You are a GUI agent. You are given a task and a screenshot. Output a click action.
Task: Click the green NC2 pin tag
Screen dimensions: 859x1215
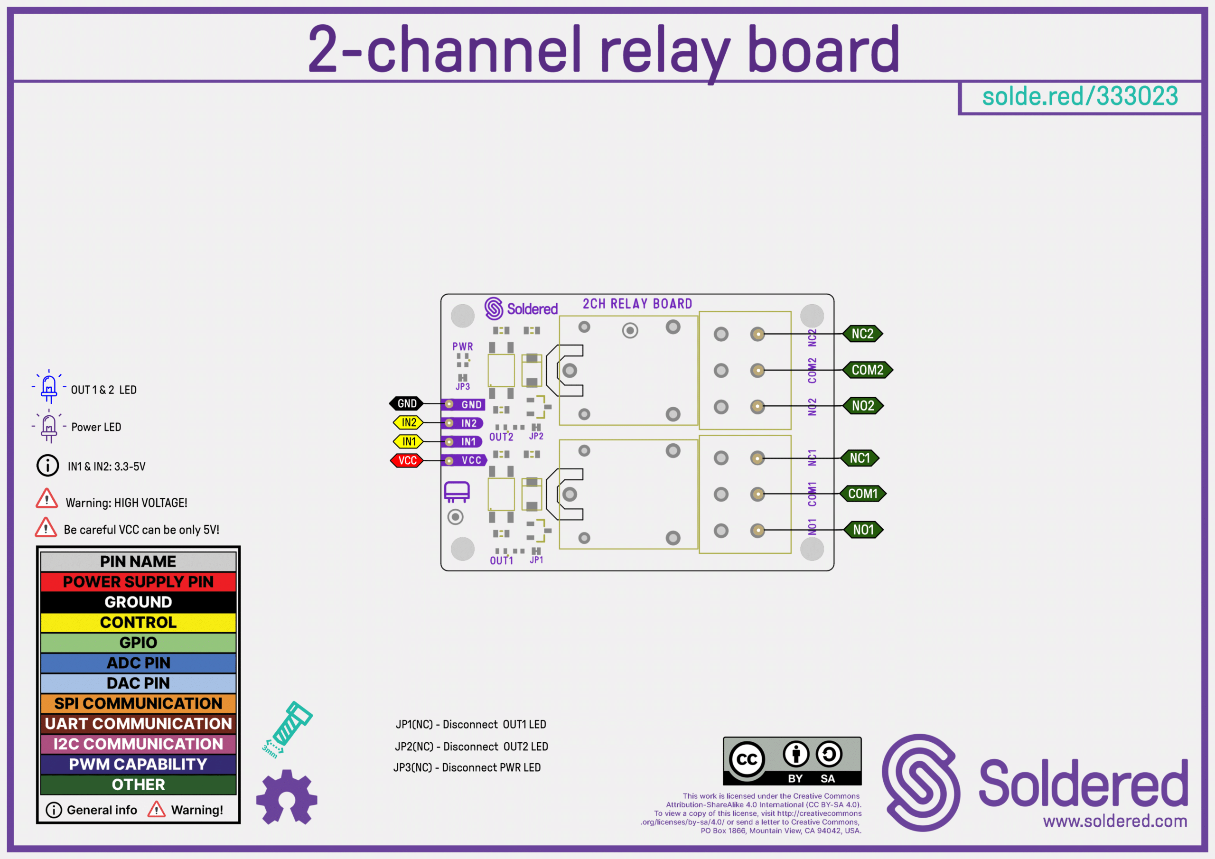862,334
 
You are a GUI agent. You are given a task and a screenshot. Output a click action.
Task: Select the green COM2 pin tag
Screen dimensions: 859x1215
867,370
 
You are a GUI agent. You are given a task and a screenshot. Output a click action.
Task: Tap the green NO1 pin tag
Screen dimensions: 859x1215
862,530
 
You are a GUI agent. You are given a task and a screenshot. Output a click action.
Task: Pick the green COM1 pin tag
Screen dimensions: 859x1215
862,494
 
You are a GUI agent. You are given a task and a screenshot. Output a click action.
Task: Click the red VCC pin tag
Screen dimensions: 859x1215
407,460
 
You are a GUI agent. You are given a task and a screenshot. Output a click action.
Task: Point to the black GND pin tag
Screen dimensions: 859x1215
406,404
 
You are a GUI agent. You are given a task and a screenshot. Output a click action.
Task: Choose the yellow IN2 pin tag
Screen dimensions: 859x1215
409,422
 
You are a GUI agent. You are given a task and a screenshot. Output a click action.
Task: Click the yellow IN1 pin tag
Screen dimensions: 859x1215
409,441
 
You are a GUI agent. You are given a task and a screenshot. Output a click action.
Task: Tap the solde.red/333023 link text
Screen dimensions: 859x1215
1080,96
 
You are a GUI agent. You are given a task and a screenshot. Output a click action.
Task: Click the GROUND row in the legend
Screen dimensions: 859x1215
138,602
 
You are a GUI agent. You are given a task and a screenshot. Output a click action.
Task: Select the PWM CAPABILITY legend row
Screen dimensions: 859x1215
138,764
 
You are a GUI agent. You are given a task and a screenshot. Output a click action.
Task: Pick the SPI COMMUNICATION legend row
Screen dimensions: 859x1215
138,703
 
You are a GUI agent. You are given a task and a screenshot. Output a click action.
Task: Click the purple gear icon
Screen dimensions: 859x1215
286,797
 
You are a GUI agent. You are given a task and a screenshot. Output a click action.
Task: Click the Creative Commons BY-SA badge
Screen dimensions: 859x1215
792,761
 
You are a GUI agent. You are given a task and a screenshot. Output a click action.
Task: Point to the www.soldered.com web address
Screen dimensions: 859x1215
1115,822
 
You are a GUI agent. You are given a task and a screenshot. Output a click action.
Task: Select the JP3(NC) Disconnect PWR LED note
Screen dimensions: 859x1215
467,767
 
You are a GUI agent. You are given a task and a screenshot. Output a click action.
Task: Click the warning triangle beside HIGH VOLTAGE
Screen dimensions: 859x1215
47,499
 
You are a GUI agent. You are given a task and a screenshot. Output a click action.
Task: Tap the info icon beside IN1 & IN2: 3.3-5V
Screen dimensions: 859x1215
47,466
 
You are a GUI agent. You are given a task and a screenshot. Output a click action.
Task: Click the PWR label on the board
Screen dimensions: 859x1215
462,346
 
